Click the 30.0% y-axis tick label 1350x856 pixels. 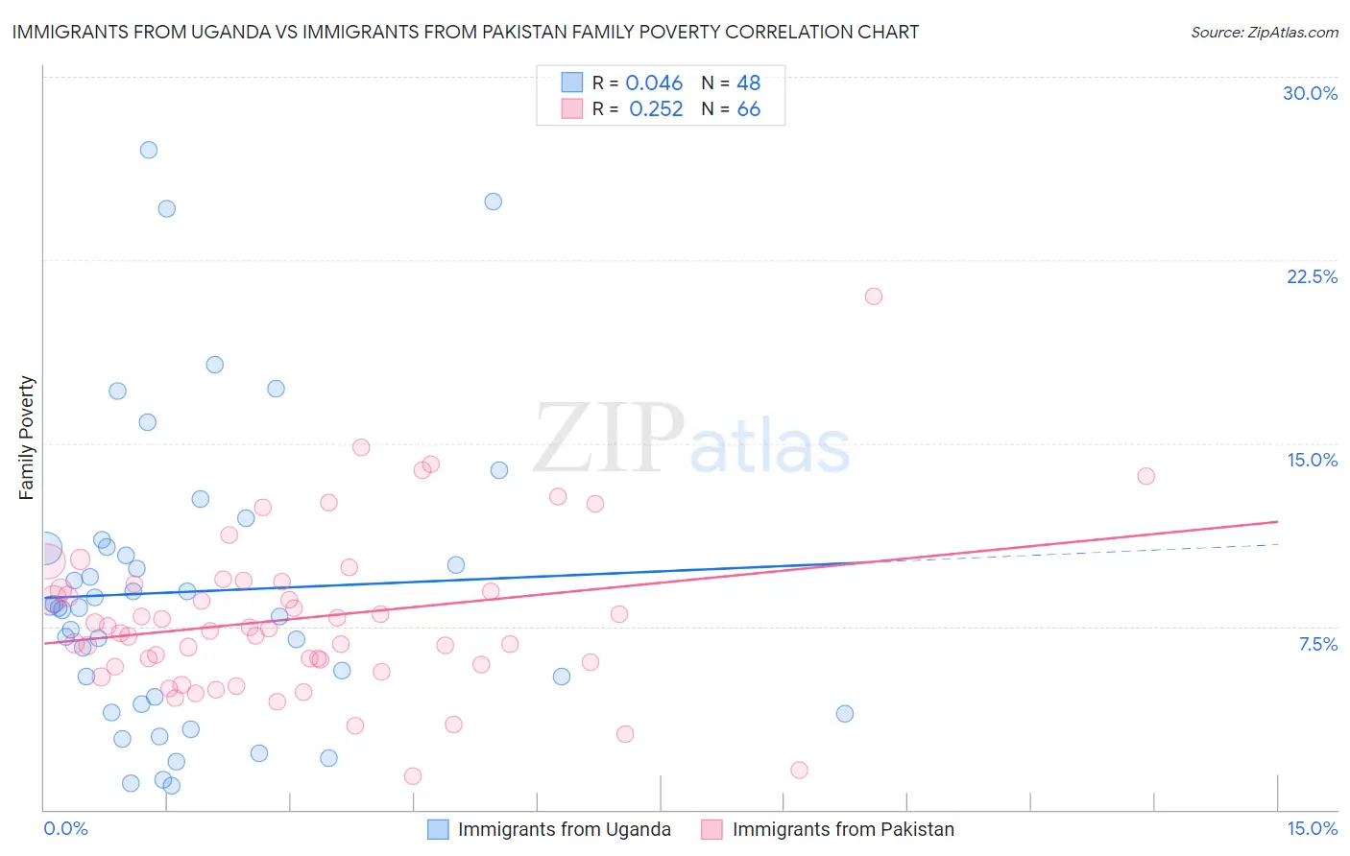tap(1310, 93)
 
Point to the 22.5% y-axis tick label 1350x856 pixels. tap(1312, 276)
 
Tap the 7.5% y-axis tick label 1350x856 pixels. tap(1317, 644)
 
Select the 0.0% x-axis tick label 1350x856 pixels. tap(65, 828)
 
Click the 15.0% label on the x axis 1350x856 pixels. tap(1312, 828)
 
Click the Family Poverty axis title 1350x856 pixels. tap(26, 438)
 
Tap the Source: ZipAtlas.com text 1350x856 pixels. tap(1264, 32)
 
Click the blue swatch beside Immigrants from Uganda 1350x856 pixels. tap(439, 829)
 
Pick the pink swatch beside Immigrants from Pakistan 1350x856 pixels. tap(711, 829)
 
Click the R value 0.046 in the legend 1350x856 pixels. tap(654, 83)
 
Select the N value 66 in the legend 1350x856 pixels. tap(748, 109)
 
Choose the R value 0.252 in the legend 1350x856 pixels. tap(656, 109)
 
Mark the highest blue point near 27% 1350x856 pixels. tap(149, 150)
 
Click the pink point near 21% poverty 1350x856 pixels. tap(873, 297)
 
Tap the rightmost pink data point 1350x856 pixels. tap(1145, 476)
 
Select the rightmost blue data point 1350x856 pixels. tap(845, 713)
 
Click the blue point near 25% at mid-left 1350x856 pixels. tap(493, 202)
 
